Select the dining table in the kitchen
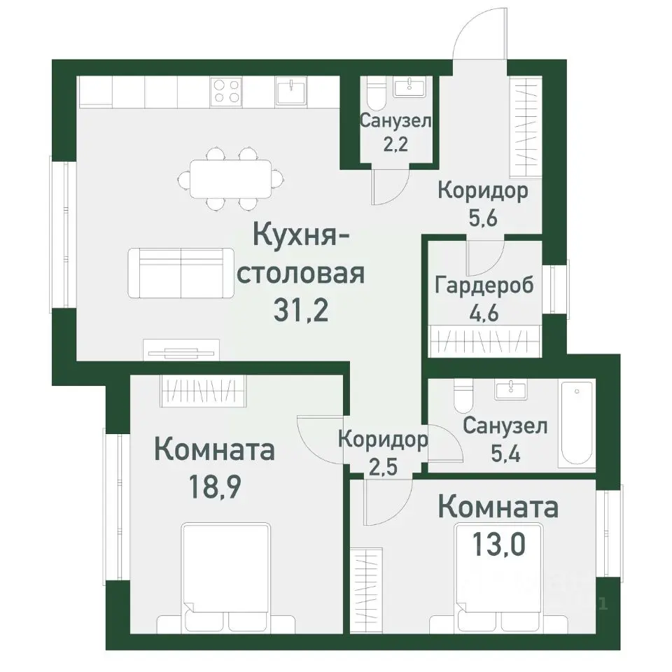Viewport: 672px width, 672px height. coord(230,178)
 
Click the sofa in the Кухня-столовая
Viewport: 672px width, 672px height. coord(181,272)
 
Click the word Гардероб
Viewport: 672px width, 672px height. coord(484,286)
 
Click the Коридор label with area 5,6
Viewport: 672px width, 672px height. coord(483,190)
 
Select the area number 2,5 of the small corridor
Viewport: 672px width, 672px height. coord(382,465)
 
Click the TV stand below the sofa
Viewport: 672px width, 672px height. coord(181,349)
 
